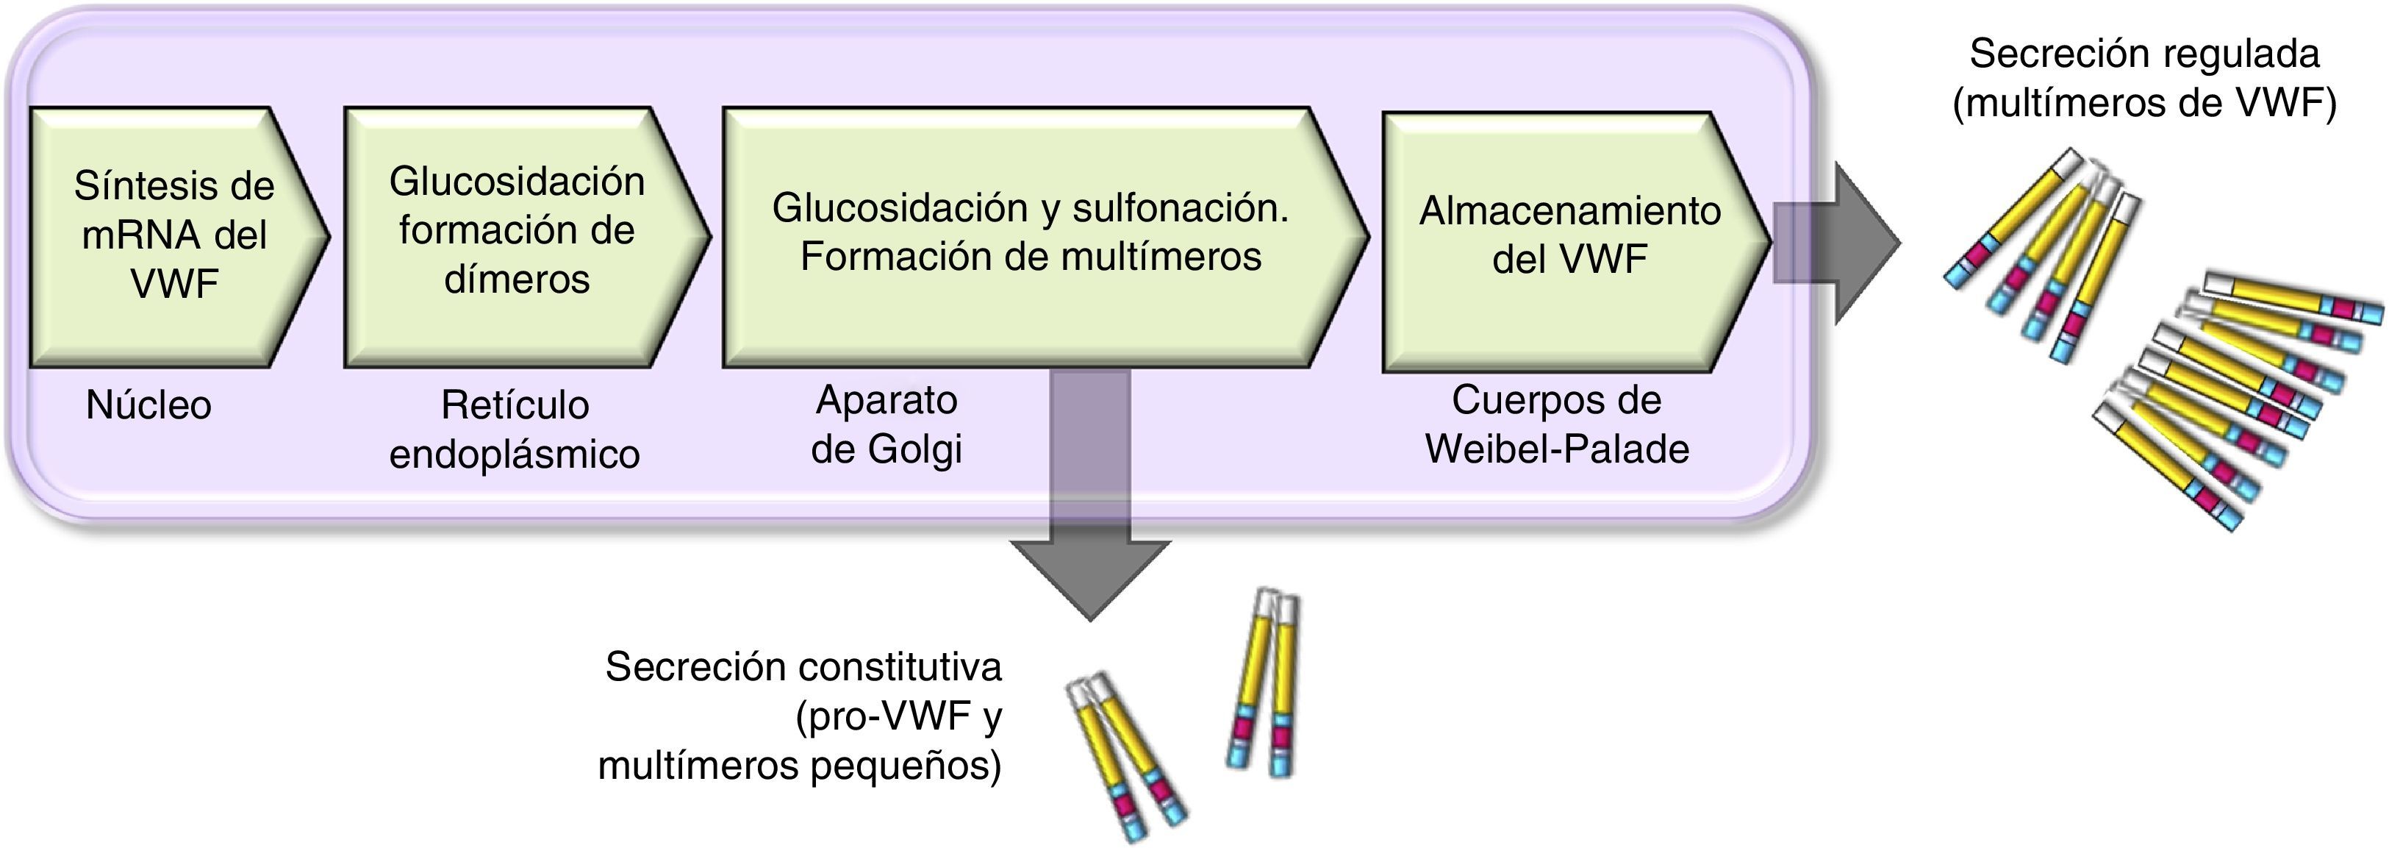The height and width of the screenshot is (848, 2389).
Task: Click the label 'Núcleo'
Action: click(148, 405)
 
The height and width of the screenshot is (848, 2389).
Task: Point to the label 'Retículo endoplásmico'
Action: click(515, 430)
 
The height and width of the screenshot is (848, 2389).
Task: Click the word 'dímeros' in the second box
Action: click(517, 279)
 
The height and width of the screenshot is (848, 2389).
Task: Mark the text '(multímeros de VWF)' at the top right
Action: click(2144, 103)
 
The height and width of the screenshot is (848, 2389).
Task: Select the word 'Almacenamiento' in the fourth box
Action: click(1569, 212)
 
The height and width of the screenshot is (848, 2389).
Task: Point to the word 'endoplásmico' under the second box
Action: click(515, 455)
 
